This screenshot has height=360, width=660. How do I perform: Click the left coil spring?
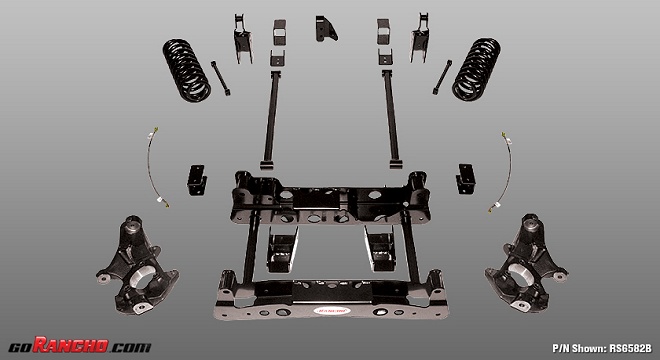click(x=186, y=70)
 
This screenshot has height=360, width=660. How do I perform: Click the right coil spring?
click(x=476, y=69)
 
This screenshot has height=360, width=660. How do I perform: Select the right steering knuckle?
click(x=527, y=263)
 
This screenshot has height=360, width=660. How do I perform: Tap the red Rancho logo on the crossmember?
click(x=332, y=311)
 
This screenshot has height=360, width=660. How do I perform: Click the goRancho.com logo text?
click(x=80, y=345)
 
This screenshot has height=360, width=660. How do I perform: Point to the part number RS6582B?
click(x=631, y=348)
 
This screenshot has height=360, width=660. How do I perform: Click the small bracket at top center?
click(x=325, y=29)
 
